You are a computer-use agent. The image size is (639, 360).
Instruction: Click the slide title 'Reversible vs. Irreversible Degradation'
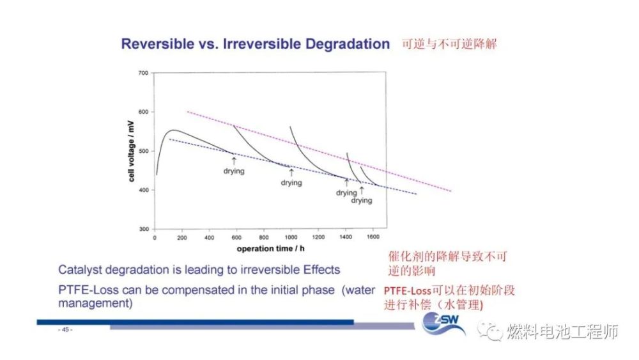click(255, 44)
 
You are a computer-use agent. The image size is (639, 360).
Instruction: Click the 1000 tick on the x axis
click(291, 237)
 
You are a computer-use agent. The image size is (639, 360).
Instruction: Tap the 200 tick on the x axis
click(182, 237)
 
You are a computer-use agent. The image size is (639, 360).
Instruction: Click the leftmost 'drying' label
click(234, 171)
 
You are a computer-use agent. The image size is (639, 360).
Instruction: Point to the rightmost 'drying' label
click(361, 200)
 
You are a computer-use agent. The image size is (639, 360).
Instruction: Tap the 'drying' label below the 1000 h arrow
click(291, 183)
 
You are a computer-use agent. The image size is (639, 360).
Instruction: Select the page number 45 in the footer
click(66, 330)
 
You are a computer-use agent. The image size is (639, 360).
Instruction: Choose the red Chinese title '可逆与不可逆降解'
click(449, 45)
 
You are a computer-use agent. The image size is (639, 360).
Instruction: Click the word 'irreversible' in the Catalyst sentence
click(267, 270)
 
